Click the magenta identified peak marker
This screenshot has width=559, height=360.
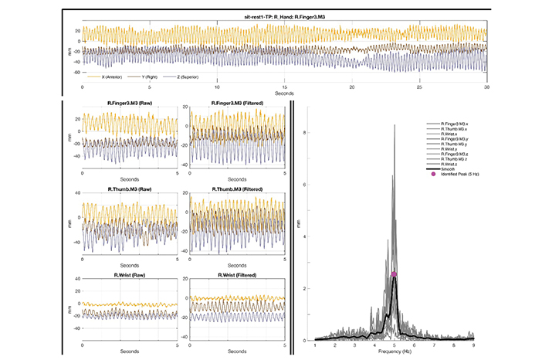click(x=394, y=274)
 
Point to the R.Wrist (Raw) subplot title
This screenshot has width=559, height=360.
click(x=130, y=274)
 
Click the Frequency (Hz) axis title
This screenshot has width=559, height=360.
click(x=395, y=355)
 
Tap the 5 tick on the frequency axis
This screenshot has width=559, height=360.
click(x=395, y=347)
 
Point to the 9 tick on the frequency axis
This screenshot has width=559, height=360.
click(x=473, y=347)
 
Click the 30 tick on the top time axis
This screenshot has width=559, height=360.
click(x=486, y=84)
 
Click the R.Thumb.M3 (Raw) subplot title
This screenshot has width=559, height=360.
click(x=130, y=190)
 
